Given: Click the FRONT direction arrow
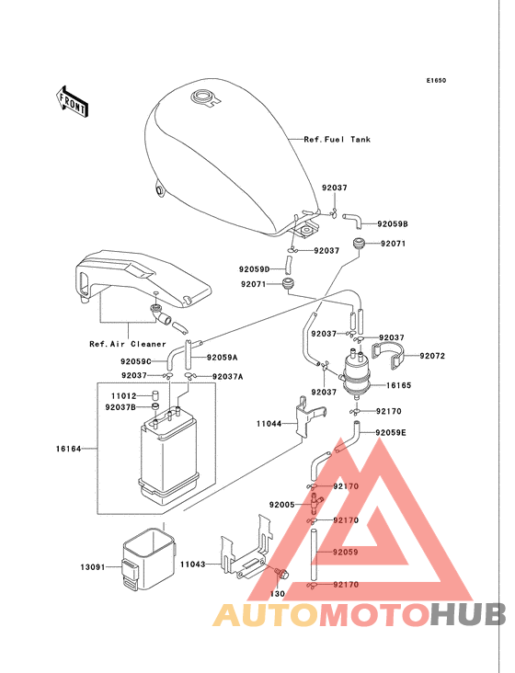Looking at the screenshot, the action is click(x=72, y=102).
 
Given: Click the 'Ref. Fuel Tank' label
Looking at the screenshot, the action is click(x=337, y=140).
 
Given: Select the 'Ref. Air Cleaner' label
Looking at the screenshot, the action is click(x=128, y=344).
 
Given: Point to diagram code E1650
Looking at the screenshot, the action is click(x=436, y=80).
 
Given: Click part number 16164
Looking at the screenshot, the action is click(x=68, y=449).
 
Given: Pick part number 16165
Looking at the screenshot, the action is click(x=399, y=385).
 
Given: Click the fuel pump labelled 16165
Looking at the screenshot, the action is click(x=357, y=374).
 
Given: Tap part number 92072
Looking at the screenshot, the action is click(x=432, y=356).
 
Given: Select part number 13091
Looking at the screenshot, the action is click(x=93, y=567).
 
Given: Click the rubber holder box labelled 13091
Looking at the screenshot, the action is click(x=149, y=560).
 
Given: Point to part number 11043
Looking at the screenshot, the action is click(x=193, y=565).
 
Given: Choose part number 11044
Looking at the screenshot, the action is click(x=269, y=424).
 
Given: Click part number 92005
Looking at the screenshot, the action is click(x=282, y=505).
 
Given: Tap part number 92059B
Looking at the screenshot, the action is click(x=393, y=224).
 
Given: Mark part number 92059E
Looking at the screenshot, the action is click(x=391, y=433).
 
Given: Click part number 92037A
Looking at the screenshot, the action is click(x=227, y=377).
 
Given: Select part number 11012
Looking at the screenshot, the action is click(x=123, y=396).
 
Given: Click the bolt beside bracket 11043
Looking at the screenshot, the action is click(x=281, y=574).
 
